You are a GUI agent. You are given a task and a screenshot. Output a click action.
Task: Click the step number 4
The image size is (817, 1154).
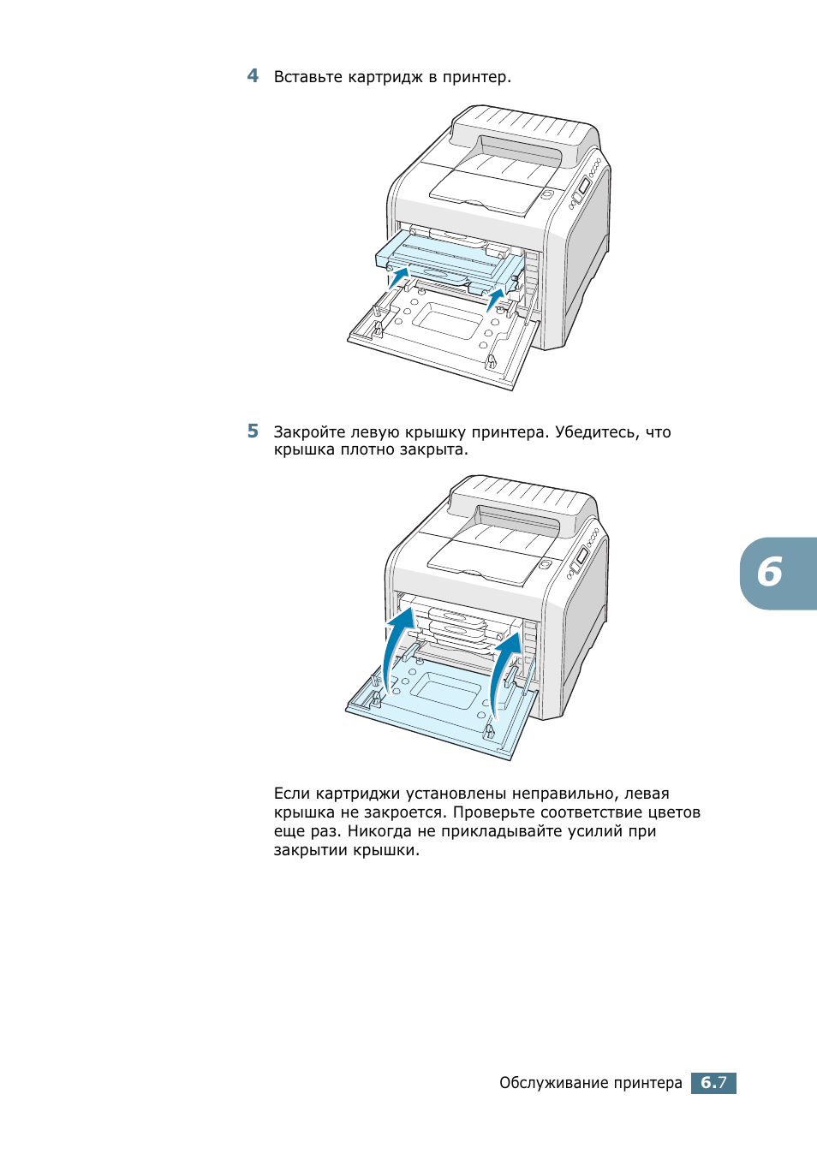(253, 76)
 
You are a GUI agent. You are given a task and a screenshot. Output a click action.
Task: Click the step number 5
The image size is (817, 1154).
(253, 431)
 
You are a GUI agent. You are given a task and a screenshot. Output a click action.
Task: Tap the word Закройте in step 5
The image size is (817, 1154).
(309, 432)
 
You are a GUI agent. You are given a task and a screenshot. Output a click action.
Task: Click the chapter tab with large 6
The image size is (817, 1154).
(775, 573)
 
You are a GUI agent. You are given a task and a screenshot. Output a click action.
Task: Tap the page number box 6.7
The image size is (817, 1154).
(713, 1083)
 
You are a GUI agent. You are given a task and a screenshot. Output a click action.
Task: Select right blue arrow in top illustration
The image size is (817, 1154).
(496, 299)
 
